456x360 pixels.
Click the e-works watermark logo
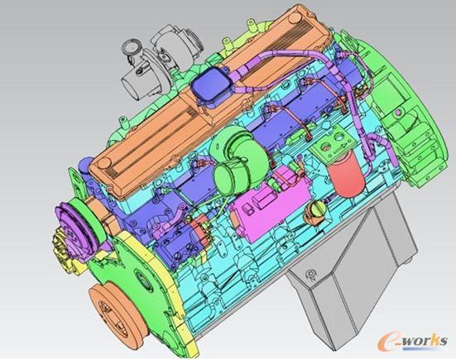pos(414,339)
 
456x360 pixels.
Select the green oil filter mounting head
pos(339,149)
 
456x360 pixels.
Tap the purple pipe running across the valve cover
pos(281,65)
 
